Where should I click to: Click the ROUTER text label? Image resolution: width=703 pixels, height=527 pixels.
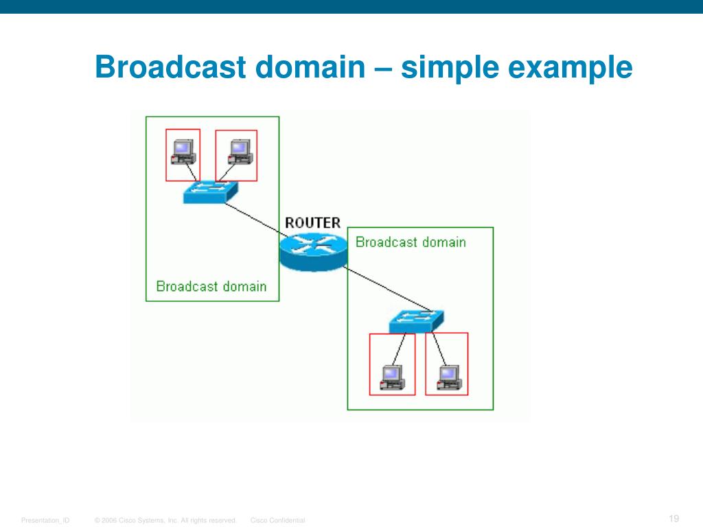(x=312, y=222)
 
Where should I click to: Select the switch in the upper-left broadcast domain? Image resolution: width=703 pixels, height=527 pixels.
(x=210, y=192)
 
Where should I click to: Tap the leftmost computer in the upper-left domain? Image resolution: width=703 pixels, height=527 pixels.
(x=183, y=152)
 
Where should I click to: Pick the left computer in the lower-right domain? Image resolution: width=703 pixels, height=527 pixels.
(x=392, y=376)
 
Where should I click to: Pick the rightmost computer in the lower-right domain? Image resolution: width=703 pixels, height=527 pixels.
(x=448, y=376)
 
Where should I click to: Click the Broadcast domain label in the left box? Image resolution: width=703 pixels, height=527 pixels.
(x=211, y=286)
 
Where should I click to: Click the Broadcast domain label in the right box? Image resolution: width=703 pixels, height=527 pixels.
(x=411, y=242)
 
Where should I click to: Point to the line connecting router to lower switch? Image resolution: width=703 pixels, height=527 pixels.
(x=384, y=290)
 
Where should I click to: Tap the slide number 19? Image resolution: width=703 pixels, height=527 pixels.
(x=673, y=518)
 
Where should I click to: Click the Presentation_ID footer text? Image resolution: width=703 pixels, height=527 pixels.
(x=45, y=521)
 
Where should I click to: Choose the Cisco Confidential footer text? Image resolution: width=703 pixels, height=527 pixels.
(x=278, y=521)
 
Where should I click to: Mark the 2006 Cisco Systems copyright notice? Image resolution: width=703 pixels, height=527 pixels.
(x=166, y=521)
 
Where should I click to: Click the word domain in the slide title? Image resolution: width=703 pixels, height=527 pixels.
(x=308, y=68)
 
